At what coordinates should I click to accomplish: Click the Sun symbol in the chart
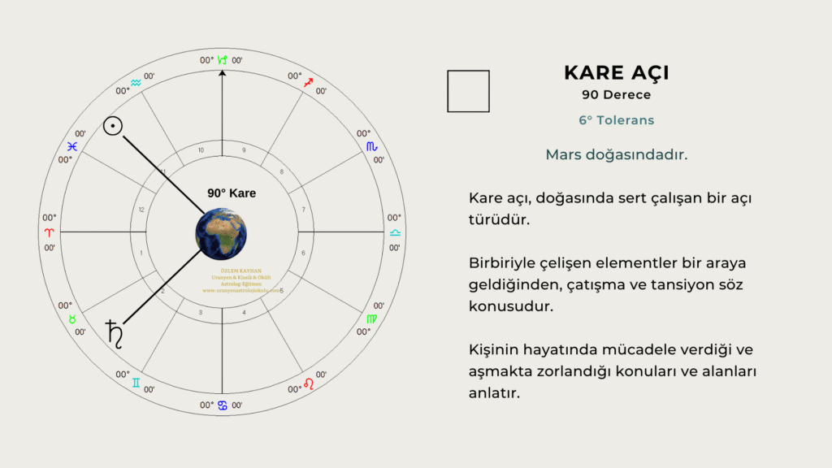113,125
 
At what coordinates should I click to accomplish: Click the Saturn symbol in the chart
114,333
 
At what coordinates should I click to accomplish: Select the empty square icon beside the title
468,91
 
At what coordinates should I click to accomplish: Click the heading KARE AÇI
616,73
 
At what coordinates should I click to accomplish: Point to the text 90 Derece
616,95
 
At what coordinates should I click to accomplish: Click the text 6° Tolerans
616,120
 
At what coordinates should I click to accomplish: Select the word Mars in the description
564,154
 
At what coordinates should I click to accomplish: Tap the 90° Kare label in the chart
232,193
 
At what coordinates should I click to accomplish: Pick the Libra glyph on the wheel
395,232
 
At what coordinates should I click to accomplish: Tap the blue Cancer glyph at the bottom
222,405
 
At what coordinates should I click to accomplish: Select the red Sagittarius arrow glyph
309,83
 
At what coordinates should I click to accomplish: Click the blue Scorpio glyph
371,145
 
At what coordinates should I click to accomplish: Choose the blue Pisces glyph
72,146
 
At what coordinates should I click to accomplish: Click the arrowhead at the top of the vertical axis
222,73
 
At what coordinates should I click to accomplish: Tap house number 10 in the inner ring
201,150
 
